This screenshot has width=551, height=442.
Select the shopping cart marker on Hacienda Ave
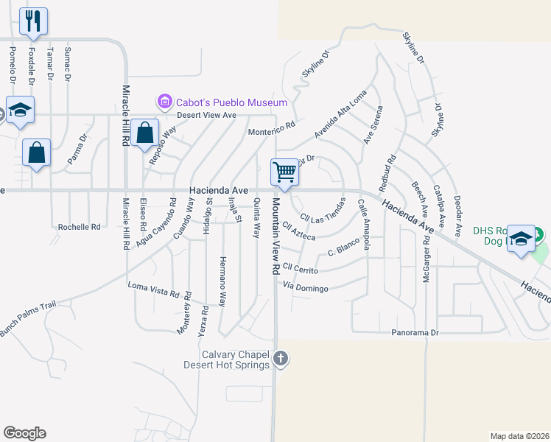coord(284,172)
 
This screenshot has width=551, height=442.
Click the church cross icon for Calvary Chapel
coord(280,359)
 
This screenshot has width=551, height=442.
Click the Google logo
coord(24,433)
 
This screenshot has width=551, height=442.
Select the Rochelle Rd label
coord(79,228)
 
